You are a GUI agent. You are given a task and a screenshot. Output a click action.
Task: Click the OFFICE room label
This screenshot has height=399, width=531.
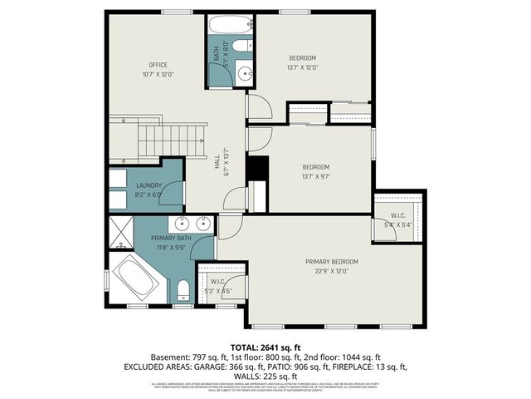(x=158, y=65)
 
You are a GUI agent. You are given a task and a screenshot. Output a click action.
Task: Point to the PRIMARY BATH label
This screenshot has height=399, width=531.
(x=172, y=239)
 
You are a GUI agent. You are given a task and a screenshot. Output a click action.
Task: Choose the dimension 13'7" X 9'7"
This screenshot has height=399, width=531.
(x=315, y=176)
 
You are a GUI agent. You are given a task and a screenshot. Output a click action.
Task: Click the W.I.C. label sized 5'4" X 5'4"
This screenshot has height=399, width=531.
(x=400, y=219)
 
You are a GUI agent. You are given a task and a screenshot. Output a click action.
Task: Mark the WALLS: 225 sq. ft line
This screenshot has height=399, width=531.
(x=265, y=376)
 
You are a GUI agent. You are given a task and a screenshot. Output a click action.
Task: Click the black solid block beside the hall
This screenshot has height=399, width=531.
(x=257, y=168)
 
